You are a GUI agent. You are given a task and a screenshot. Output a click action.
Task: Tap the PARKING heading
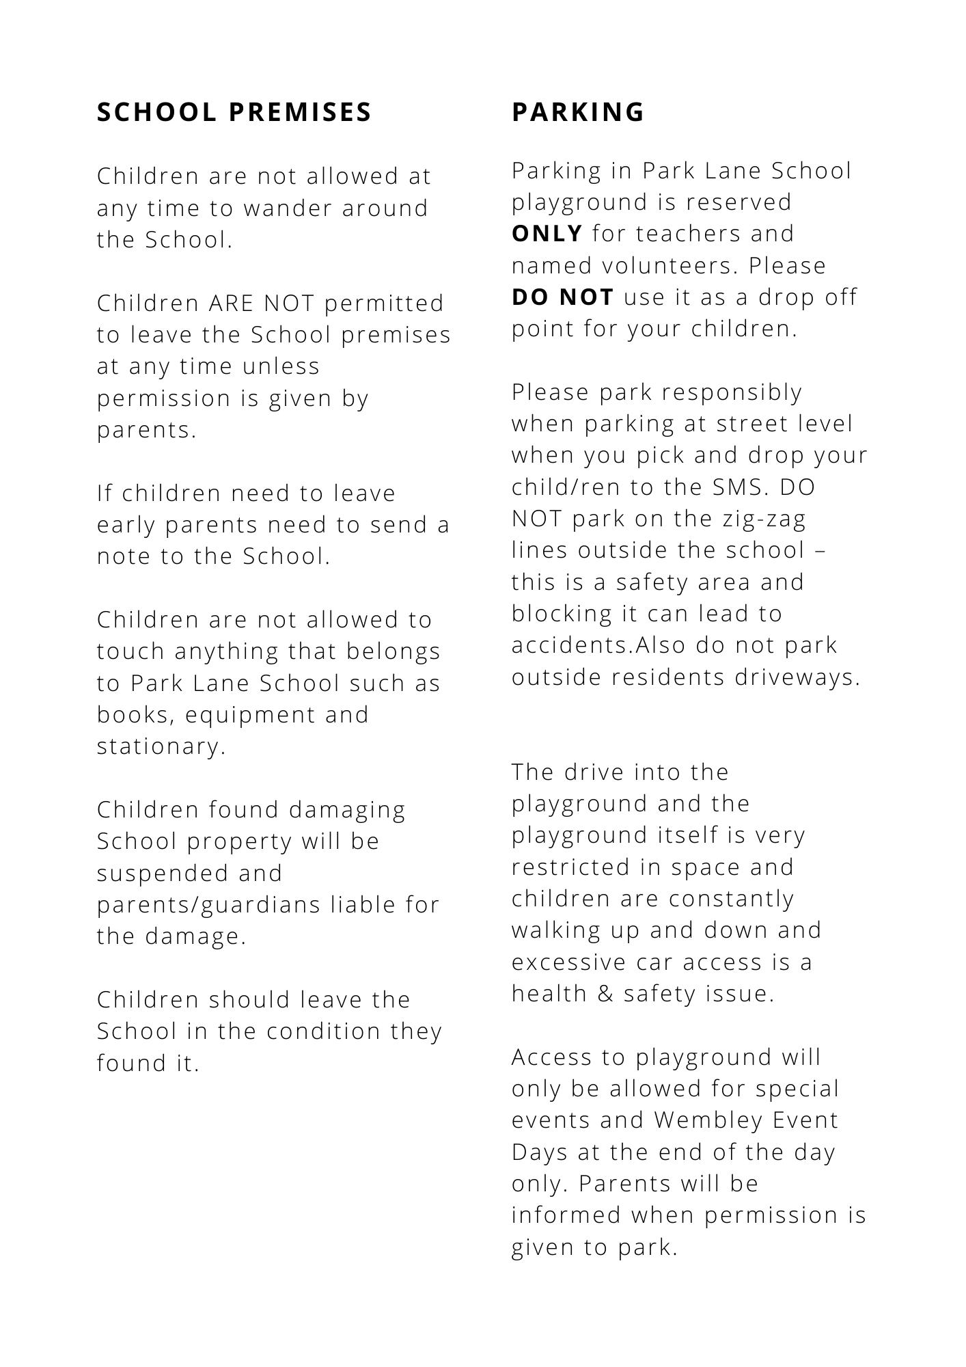577,112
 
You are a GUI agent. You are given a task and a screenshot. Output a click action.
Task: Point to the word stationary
160,746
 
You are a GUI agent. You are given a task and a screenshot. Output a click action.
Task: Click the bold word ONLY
547,234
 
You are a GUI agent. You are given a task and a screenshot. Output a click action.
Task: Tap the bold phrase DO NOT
562,297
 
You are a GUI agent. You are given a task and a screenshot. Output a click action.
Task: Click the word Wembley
708,1120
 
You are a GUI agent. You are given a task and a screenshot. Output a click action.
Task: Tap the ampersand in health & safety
605,994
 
